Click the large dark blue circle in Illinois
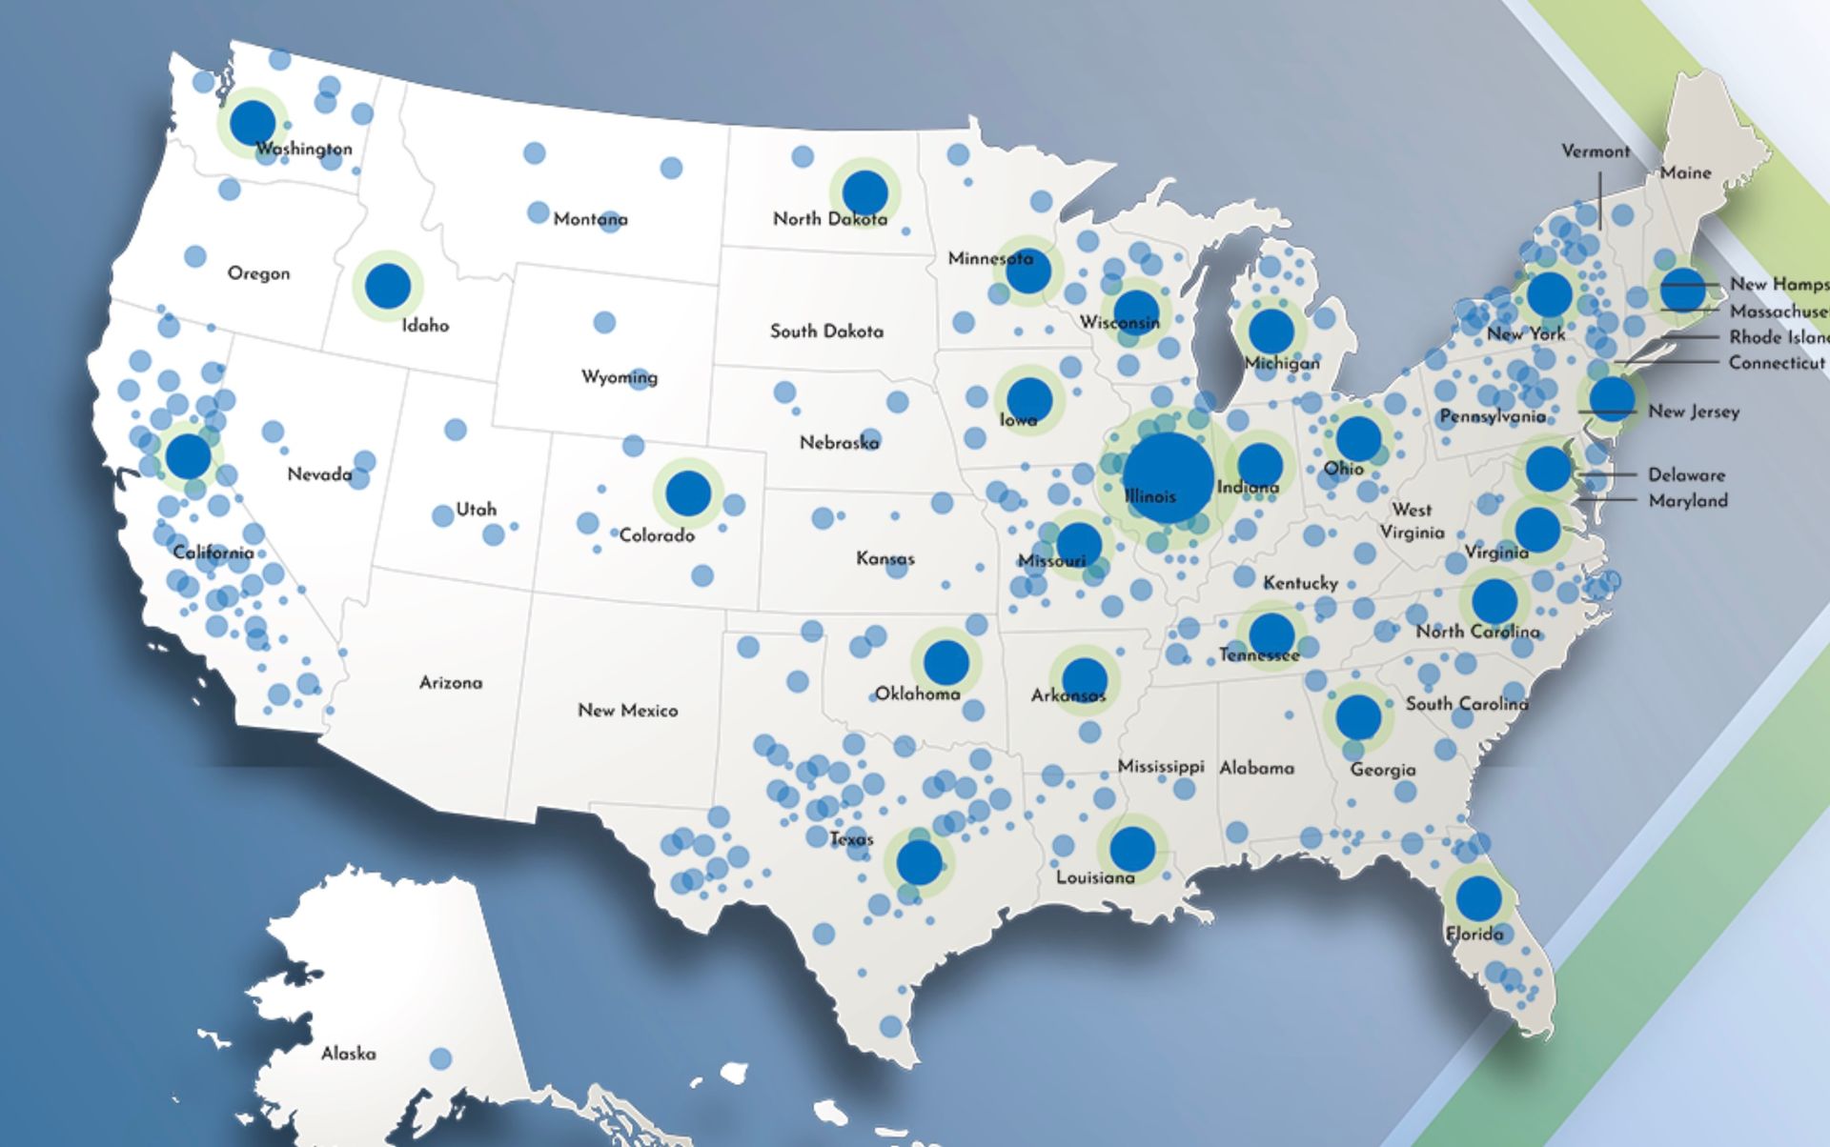point(1168,477)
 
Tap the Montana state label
point(590,219)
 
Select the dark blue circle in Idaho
point(388,286)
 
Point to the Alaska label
point(348,1054)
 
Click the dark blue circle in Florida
point(1478,897)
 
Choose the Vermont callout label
point(1595,151)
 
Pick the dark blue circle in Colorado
point(688,493)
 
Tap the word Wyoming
point(620,377)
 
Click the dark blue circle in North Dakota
point(864,192)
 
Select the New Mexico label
point(627,711)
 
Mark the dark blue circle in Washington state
point(253,122)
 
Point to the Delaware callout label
point(1686,474)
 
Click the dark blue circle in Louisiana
point(1132,849)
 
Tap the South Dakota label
point(826,332)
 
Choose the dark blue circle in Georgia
point(1358,716)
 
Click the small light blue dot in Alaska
point(440,1058)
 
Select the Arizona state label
point(451,683)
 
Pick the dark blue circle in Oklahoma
point(945,662)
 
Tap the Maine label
point(1685,172)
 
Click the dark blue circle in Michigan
point(1271,331)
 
